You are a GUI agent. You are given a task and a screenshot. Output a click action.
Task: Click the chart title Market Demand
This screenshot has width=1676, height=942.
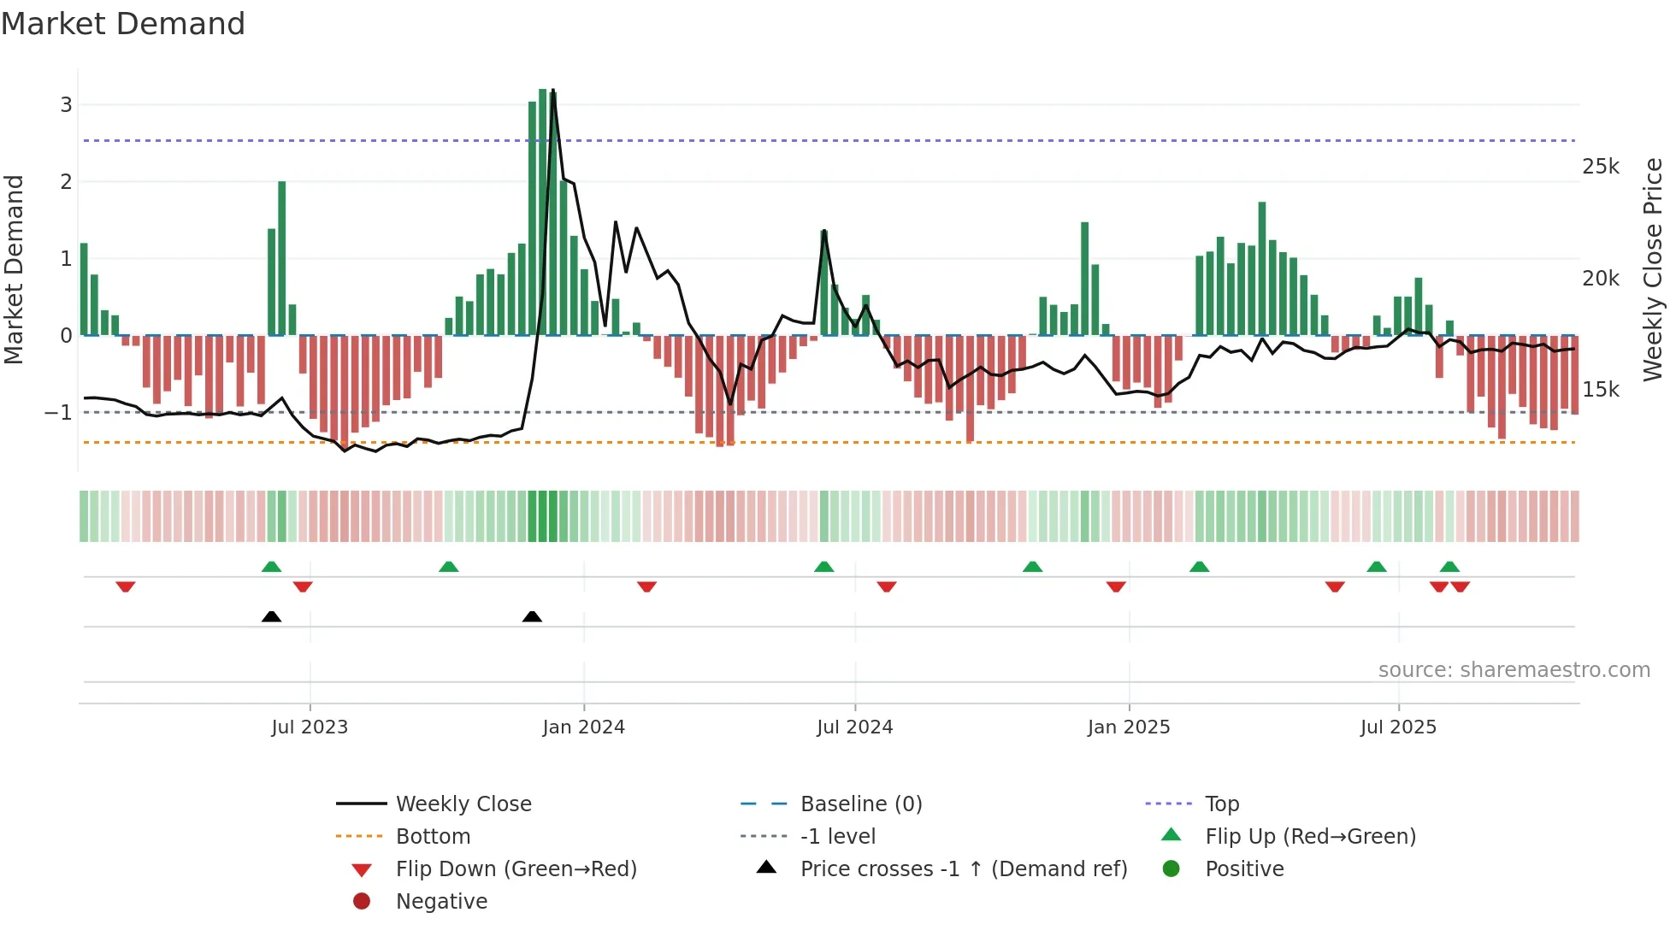[123, 24]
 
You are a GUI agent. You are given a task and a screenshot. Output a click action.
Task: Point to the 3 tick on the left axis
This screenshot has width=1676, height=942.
[66, 105]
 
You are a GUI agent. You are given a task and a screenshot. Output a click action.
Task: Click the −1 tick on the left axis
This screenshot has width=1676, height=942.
[59, 413]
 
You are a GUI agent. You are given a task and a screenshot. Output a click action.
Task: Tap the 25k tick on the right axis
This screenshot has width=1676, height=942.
[1600, 167]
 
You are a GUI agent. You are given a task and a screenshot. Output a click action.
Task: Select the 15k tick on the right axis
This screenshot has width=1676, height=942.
[1600, 390]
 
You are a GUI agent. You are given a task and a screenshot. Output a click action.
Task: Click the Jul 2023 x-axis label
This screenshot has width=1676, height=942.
[310, 727]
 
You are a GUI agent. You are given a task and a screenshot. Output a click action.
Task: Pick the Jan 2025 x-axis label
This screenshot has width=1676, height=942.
[1128, 727]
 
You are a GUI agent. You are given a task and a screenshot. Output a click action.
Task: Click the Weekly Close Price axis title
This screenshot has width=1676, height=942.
[1652, 269]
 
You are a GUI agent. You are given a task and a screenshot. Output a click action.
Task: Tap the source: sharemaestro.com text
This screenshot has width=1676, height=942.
[1514, 670]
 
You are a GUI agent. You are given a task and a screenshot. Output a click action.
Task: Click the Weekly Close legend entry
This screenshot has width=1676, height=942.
[463, 804]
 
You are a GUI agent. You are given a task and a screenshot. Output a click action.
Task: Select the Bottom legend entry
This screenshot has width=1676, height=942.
[433, 837]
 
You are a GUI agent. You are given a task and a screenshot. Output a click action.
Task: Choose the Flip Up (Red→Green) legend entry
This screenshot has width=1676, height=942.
[1310, 837]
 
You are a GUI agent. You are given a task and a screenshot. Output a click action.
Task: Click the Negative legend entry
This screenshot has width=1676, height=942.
[441, 902]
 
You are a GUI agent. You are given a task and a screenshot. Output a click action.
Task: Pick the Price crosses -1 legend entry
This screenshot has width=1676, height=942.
[963, 869]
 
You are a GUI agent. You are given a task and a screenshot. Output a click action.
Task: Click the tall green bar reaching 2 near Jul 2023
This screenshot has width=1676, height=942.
[282, 256]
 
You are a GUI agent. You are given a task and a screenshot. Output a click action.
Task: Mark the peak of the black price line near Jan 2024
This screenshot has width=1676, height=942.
[553, 91]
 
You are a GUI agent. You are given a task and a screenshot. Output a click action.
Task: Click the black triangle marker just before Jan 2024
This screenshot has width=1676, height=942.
[532, 616]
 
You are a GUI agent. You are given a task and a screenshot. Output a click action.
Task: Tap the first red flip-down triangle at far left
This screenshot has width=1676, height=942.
[126, 586]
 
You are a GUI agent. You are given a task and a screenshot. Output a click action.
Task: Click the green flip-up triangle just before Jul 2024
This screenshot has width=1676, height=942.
[823, 567]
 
